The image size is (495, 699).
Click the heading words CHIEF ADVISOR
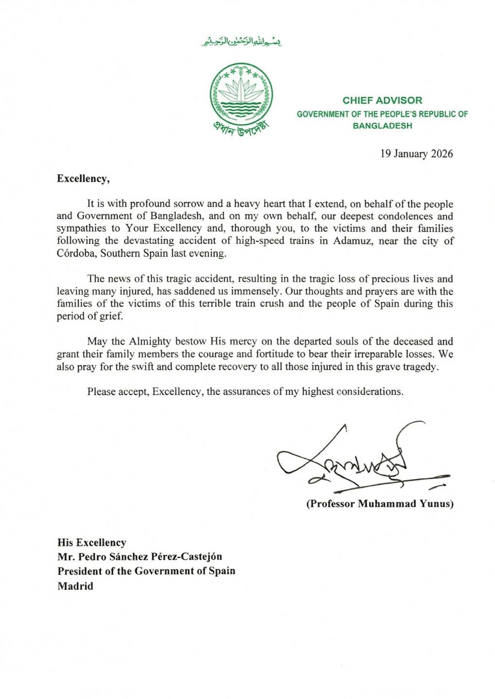[x=382, y=100]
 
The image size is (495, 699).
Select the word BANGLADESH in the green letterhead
[x=382, y=126]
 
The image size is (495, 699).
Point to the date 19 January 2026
[x=416, y=154]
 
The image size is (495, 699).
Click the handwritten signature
[x=350, y=461]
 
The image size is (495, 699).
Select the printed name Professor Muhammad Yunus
[x=380, y=503]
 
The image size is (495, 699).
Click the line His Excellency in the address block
[x=91, y=542]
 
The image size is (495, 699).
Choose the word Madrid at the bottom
[x=75, y=586]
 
